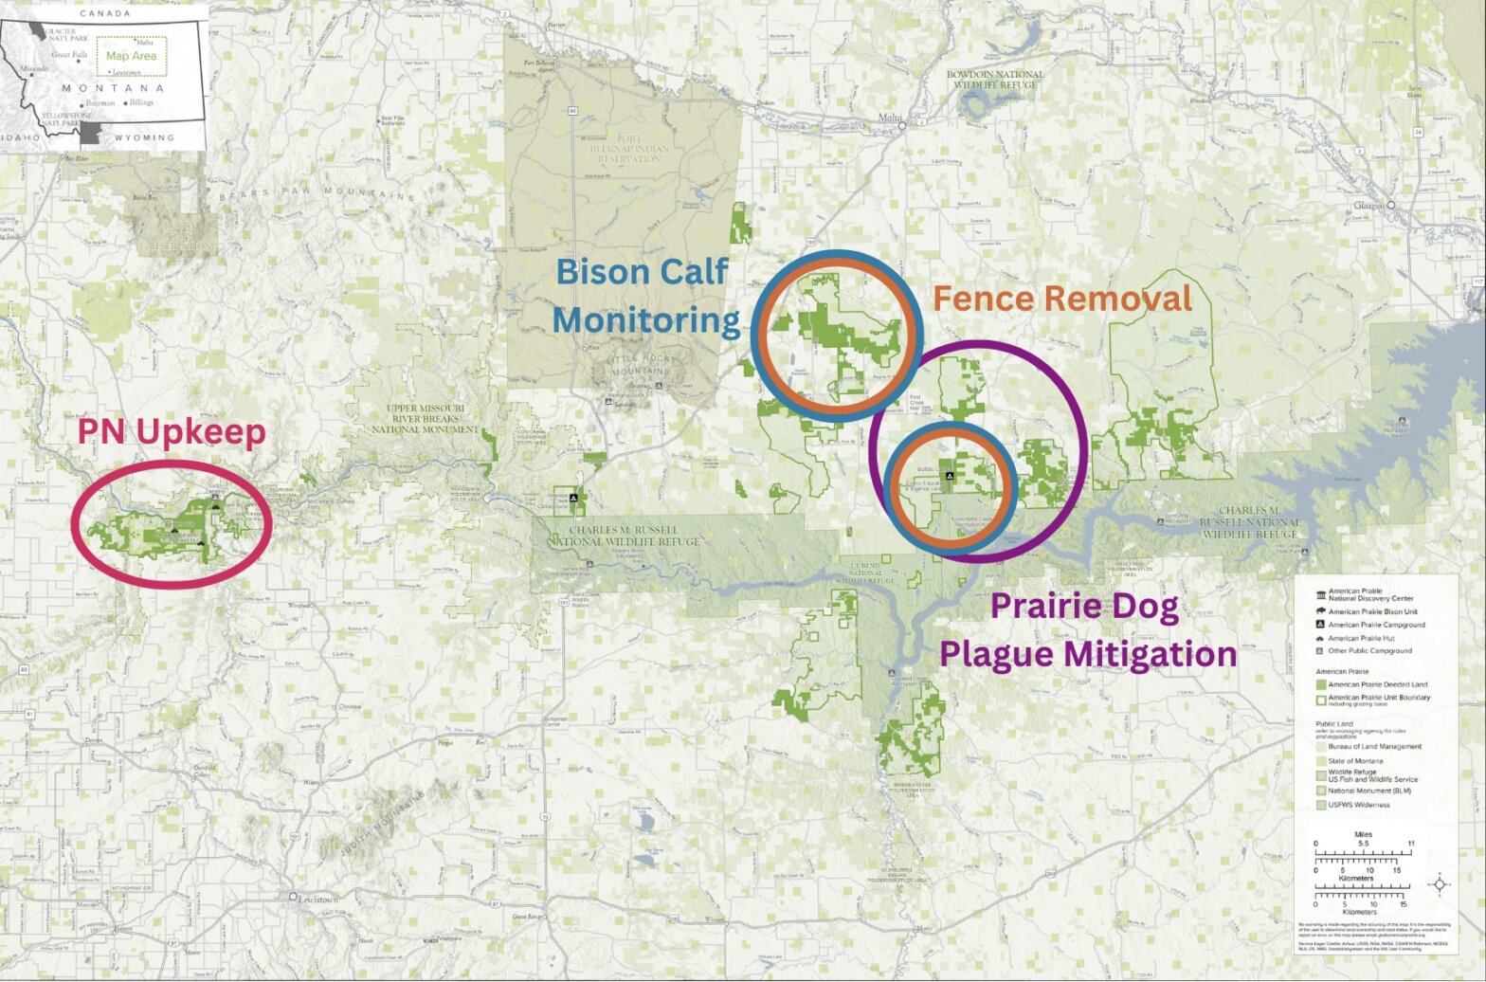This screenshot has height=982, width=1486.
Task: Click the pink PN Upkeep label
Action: [x=171, y=432]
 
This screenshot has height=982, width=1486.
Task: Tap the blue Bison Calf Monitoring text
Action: [x=645, y=296]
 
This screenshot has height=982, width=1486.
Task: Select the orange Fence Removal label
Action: [x=1061, y=300]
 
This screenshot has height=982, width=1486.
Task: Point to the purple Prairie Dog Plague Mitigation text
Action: [x=1087, y=630]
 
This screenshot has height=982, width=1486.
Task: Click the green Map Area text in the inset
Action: [x=131, y=56]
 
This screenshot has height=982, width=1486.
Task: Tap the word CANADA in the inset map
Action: [x=105, y=13]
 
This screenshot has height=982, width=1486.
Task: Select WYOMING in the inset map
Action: [x=145, y=137]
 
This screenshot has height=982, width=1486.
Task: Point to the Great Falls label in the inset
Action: [x=69, y=55]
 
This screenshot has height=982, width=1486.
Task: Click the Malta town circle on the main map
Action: [x=903, y=123]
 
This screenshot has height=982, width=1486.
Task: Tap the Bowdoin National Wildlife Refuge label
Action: [x=994, y=80]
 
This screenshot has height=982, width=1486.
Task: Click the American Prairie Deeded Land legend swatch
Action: [x=1321, y=683]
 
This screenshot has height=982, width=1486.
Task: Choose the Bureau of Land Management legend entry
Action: [x=1374, y=746]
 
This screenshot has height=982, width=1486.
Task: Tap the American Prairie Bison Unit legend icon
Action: [x=1321, y=611]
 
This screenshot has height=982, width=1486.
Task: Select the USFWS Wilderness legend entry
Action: [x=1358, y=805]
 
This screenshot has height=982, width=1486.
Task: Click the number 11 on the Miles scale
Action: [x=1411, y=843]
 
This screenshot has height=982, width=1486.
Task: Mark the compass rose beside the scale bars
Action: [x=1440, y=885]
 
